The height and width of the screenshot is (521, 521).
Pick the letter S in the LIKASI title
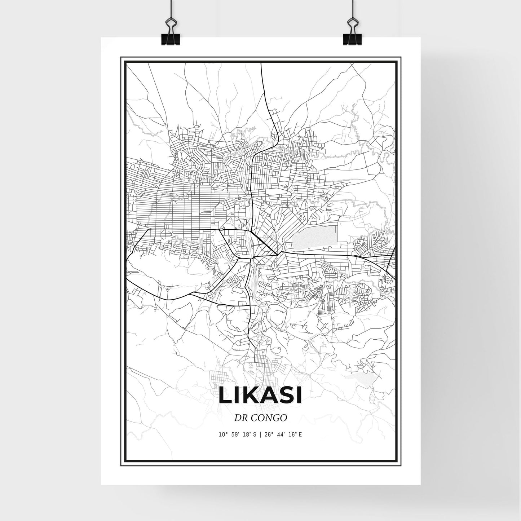coord(283,396)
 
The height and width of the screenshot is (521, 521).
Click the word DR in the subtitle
coord(240,418)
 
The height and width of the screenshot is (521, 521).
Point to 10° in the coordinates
coord(223,434)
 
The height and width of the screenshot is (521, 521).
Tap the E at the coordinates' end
coord(300,434)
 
